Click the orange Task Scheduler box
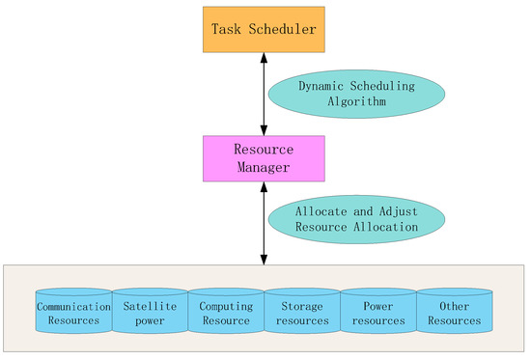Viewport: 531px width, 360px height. (x=265, y=30)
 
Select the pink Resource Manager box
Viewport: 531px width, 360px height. (x=265, y=158)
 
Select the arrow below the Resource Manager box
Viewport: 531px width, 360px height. (x=265, y=222)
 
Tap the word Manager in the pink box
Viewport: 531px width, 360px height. (x=265, y=167)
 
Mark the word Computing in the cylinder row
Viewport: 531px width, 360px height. (x=226, y=306)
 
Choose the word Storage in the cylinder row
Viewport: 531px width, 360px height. (x=301, y=306)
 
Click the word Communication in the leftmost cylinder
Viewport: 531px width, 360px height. (x=73, y=306)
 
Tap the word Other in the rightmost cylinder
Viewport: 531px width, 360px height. (x=454, y=306)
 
